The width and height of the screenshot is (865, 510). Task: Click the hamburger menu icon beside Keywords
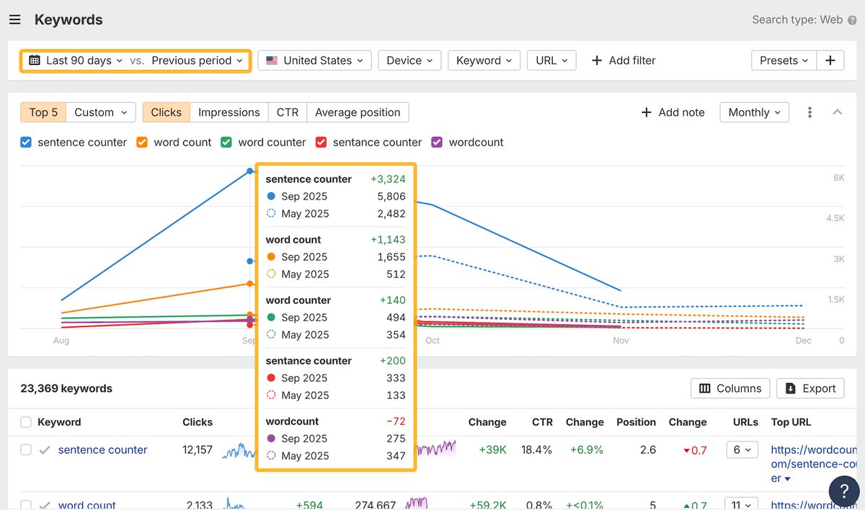tap(14, 20)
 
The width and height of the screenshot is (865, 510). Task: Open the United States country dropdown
tap(314, 61)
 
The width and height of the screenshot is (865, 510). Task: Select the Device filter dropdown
tap(409, 61)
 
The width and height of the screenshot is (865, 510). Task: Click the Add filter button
tap(623, 61)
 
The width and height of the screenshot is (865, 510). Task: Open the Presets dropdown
tap(784, 61)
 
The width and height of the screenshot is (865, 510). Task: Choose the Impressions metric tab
tap(229, 112)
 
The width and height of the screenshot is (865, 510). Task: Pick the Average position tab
tap(358, 112)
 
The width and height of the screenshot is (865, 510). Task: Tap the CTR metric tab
tap(287, 112)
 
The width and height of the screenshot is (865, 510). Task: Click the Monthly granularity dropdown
tap(754, 112)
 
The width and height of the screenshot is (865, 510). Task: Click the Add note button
tap(673, 112)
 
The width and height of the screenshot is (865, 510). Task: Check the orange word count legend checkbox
tap(142, 143)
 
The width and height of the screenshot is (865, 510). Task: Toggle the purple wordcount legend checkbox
tap(437, 143)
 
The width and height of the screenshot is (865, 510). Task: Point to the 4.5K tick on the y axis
tap(834, 218)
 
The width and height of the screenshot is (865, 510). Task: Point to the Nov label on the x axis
tap(621, 341)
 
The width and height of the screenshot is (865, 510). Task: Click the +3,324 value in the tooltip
tap(388, 179)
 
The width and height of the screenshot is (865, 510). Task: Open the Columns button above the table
tap(729, 388)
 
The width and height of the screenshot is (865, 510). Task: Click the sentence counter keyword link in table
tap(102, 449)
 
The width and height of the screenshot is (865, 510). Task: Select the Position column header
tap(636, 422)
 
